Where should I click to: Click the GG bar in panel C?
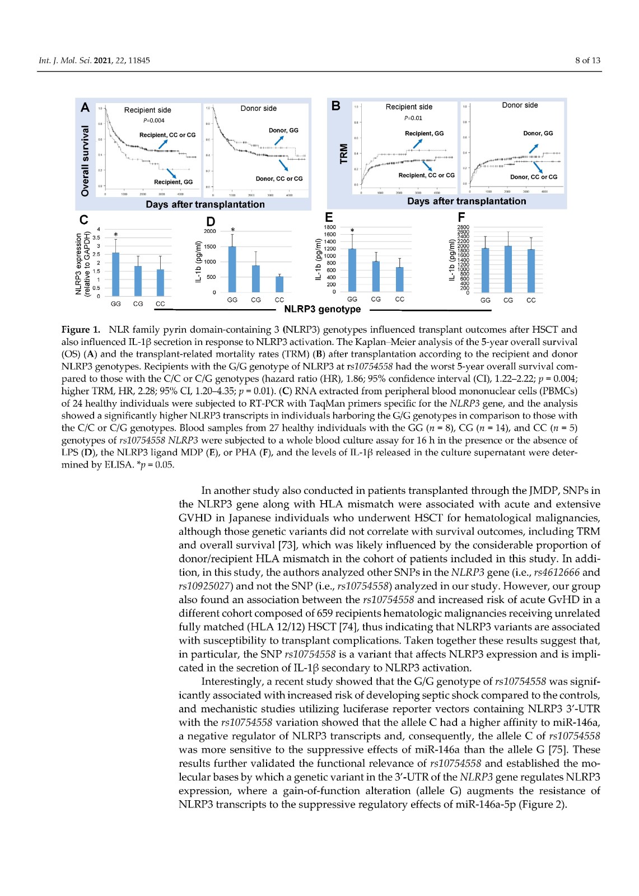[x=116, y=274]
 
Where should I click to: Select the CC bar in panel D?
[x=279, y=284]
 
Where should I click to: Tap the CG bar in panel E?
[x=376, y=276]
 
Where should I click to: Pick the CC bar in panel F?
[x=531, y=271]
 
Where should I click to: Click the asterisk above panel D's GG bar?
[x=232, y=230]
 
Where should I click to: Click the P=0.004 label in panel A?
[x=153, y=120]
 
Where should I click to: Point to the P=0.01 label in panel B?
[x=413, y=118]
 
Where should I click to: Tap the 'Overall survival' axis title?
[x=85, y=161]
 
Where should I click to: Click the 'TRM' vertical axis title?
[x=344, y=154]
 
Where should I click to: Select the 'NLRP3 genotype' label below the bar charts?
[x=323, y=309]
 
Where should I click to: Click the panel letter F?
[x=461, y=217]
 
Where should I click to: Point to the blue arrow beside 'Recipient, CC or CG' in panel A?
[x=162, y=143]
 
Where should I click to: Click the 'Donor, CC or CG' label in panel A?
[x=279, y=179]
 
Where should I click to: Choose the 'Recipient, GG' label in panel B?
[x=424, y=133]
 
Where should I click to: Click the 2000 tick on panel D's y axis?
[x=210, y=231]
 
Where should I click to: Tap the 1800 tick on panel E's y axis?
[x=330, y=227]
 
